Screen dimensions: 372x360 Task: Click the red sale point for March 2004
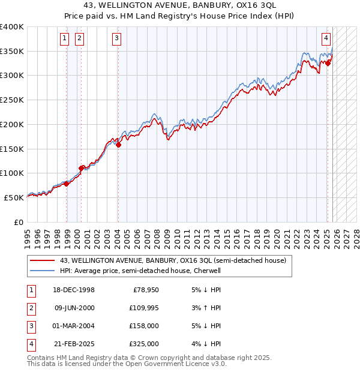[118, 145]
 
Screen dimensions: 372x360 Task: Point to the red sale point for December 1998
[67, 184]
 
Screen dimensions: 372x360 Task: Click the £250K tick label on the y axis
[12, 100]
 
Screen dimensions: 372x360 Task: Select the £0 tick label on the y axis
[18, 222]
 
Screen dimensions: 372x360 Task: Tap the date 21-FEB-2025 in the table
[74, 344]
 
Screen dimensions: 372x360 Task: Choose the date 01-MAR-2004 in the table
[74, 326]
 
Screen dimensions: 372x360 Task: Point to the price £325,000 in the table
[143, 344]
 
